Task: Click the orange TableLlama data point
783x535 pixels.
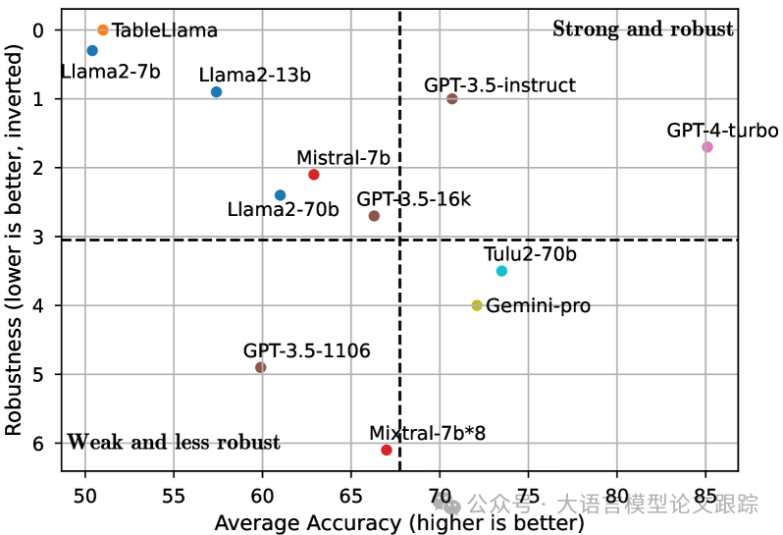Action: (103, 30)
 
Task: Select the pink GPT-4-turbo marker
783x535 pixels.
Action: (706, 147)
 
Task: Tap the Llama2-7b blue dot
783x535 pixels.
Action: (92, 51)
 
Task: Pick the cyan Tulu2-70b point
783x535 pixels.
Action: (501, 271)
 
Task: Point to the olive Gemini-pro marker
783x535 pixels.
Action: (477, 305)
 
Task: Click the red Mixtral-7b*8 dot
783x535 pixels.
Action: (387, 450)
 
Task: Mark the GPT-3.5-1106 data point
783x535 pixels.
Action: (260, 367)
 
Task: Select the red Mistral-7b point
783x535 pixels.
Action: (314, 175)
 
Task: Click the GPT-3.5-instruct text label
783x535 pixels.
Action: (499, 85)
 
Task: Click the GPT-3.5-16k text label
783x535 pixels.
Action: (413, 200)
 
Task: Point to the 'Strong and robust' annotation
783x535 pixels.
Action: (643, 29)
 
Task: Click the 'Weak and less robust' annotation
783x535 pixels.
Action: (174, 443)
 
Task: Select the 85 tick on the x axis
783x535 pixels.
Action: (705, 490)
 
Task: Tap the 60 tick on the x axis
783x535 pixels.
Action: (263, 490)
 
